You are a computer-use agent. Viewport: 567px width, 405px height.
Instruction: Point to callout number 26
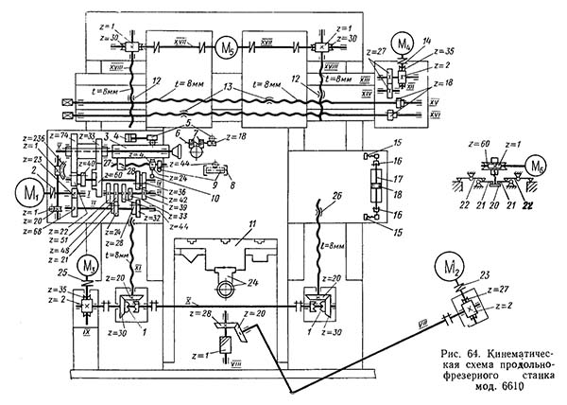pos(328,198)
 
